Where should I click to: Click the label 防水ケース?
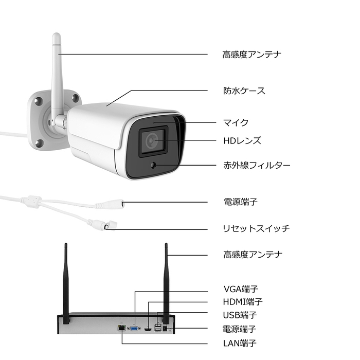point(244,91)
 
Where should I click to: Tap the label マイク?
point(236,122)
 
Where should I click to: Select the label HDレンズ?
point(242,140)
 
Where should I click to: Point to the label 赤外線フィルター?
point(257,165)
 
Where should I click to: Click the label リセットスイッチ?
point(257,228)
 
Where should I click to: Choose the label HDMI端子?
point(243,301)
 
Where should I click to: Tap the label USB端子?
point(240,315)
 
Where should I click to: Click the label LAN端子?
point(240,343)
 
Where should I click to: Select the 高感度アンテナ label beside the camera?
point(252,54)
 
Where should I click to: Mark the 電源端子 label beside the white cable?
point(240,202)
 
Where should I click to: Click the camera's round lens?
point(153,139)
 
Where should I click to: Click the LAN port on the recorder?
point(120,328)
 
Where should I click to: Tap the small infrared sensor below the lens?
point(153,165)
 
